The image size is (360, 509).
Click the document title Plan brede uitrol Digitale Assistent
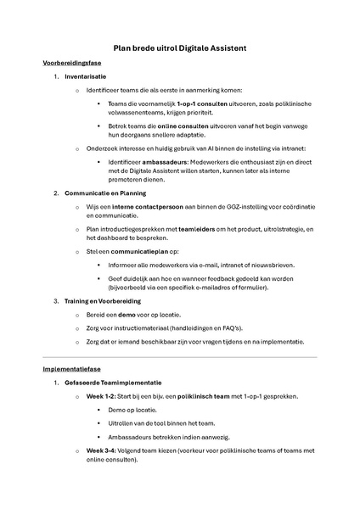point(180,48)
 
